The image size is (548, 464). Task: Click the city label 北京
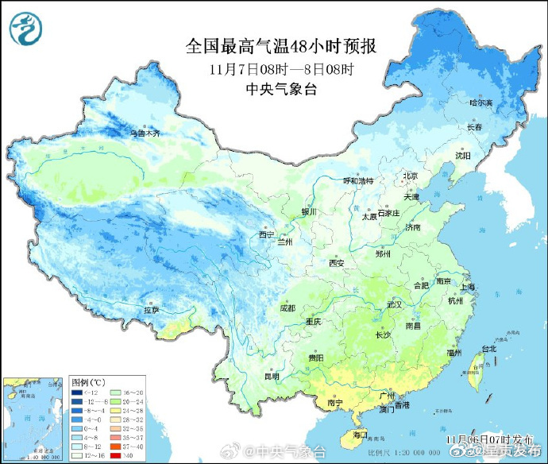[410, 176]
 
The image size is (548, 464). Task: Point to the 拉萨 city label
[151, 310]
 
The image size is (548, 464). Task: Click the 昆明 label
[272, 376]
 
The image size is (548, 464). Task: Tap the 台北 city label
[488, 348]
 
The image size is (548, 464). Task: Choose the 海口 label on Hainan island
[360, 435]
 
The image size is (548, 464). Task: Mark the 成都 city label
[287, 307]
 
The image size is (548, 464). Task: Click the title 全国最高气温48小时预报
[280, 47]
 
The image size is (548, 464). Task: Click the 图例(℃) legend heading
[88, 382]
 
